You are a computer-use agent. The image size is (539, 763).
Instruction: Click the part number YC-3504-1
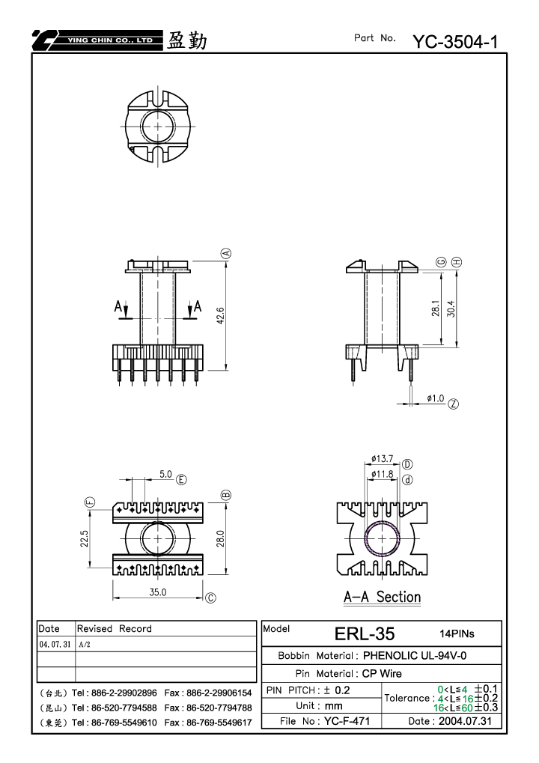455,42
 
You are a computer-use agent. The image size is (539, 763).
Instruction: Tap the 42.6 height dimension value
220,315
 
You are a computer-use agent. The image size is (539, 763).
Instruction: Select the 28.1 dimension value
436,308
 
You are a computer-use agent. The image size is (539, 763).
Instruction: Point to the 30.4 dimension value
451,308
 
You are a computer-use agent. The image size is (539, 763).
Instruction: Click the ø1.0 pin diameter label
436,398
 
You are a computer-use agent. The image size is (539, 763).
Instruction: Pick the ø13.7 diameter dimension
382,458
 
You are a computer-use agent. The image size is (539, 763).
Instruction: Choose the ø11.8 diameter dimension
382,474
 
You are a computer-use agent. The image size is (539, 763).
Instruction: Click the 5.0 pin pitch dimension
165,474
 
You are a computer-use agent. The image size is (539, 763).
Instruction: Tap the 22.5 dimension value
84,538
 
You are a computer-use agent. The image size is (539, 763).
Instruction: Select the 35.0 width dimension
158,592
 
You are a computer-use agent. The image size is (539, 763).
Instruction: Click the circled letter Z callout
454,404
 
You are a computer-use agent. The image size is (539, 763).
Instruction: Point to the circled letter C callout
210,598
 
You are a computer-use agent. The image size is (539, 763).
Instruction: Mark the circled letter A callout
226,254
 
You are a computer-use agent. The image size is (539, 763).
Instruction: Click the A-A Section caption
383,597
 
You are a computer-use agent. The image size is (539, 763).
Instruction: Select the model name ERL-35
365,633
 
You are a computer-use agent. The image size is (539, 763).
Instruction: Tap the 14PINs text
457,633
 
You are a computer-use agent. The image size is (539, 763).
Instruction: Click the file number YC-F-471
347,721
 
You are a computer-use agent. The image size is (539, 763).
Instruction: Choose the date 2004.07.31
465,721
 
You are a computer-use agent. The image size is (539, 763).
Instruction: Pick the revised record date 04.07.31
55,644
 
